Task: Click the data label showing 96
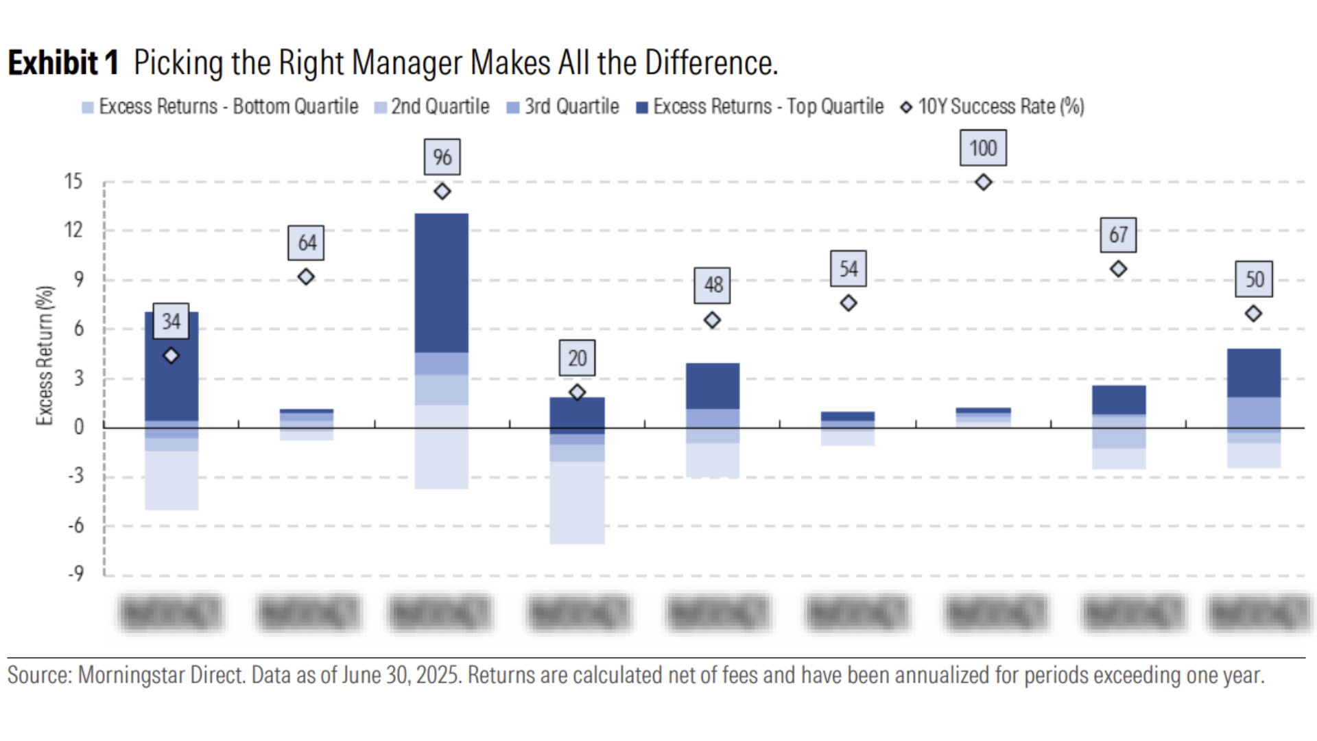442,157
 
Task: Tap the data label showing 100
983,148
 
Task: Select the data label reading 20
577,358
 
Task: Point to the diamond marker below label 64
306,277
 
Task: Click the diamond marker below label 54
849,303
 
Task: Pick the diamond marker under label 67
1118,269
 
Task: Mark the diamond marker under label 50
1253,314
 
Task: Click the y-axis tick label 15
73,182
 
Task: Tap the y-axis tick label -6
75,526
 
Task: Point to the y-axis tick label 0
79,427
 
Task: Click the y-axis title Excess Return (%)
45,355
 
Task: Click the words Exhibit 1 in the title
63,63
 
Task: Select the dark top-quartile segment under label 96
442,283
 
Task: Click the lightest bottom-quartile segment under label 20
577,502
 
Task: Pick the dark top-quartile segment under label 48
713,386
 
